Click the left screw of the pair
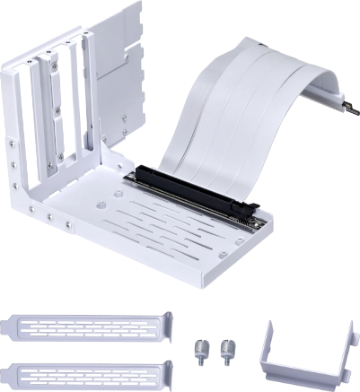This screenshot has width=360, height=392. [199, 346]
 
